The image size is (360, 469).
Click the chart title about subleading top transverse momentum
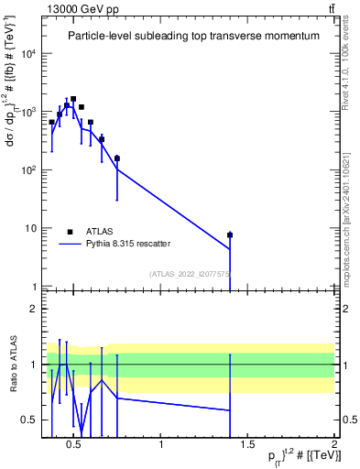coord(193,36)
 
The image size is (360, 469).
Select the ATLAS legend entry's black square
coord(70,232)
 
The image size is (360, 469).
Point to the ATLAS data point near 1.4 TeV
coord(230,235)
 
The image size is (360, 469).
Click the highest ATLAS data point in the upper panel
coord(73,99)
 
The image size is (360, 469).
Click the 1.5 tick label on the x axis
coord(248,445)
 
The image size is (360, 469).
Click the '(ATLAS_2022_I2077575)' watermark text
coord(189,273)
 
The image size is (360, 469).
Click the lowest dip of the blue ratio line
coord(82,433)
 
